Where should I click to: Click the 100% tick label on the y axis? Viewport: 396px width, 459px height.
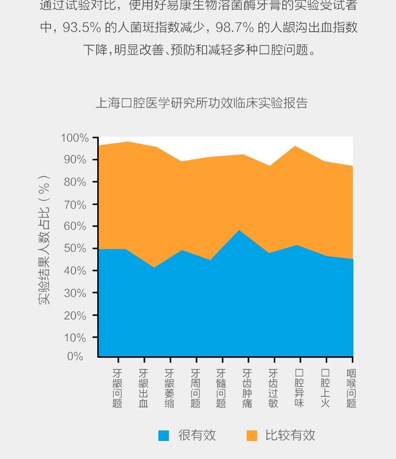tap(74, 138)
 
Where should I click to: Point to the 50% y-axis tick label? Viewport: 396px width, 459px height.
tap(76, 249)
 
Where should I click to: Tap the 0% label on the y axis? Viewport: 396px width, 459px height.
tap(75, 356)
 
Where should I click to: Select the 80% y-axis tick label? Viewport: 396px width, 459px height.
tap(75, 182)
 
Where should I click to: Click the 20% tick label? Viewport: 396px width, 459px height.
tap(75, 315)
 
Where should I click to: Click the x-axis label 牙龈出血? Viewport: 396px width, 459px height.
tap(144, 388)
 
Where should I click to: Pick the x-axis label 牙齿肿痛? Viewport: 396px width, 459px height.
tap(247, 388)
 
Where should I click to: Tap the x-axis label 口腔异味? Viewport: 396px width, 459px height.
tap(299, 388)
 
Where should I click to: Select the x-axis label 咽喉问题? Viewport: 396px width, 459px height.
tap(351, 388)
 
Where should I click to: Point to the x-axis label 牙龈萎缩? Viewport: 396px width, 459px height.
tap(170, 388)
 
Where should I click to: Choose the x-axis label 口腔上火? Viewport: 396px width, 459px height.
tap(325, 388)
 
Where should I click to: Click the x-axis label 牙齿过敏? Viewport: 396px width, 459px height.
tap(273, 388)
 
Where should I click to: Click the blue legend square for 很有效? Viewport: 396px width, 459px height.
tap(164, 435)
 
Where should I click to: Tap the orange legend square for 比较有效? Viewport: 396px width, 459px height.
tap(252, 435)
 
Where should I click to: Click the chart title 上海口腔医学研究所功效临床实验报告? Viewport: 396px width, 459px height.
tap(202, 103)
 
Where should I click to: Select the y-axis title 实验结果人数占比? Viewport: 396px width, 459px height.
tap(45, 240)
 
